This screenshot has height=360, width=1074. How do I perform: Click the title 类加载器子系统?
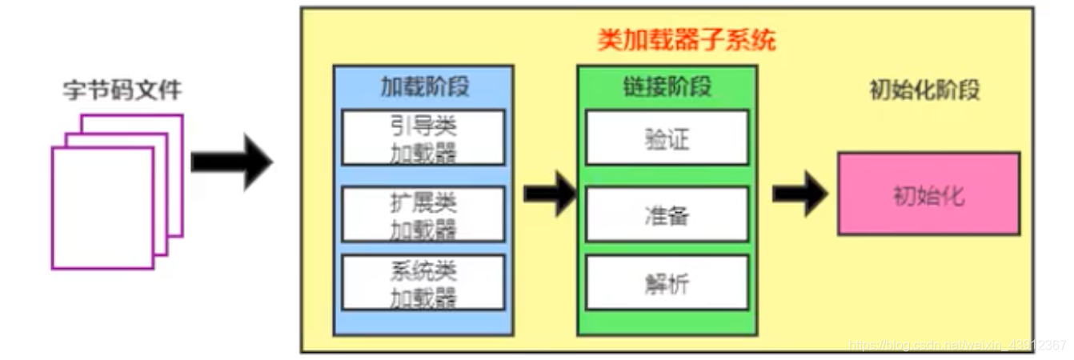coord(687,40)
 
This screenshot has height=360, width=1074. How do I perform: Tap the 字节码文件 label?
coord(122,90)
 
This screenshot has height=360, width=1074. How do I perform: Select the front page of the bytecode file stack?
coord(102,207)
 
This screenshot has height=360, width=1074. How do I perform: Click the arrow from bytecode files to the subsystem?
coord(231,161)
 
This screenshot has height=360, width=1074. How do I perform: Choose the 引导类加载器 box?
coord(423,137)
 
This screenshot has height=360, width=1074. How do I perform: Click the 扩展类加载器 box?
coord(423,214)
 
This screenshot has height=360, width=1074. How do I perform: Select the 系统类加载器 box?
coord(423,282)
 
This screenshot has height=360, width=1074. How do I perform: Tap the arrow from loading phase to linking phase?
coord(549,194)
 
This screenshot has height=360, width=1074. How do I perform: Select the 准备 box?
coord(667,214)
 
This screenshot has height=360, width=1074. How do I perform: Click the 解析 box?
coord(667,282)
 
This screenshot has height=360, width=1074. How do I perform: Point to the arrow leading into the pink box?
coord(799,194)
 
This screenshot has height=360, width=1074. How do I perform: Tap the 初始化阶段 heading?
coord(924,90)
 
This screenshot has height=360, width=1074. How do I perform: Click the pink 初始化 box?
coord(928,194)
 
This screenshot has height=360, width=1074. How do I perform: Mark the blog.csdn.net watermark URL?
coord(956,345)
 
